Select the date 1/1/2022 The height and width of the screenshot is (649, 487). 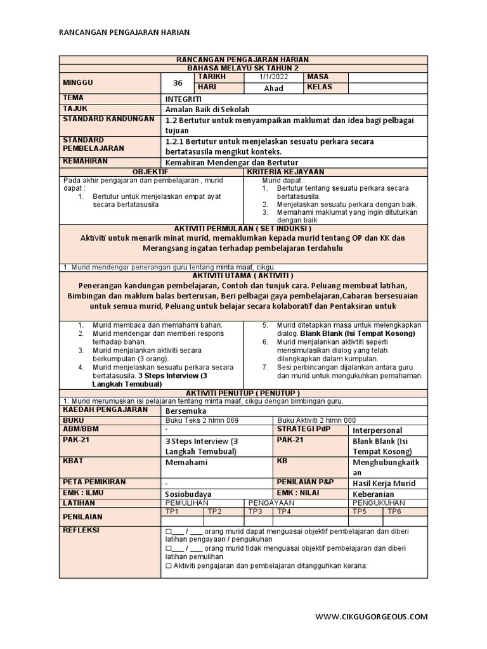point(273,77)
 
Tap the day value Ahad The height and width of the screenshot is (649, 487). point(273,88)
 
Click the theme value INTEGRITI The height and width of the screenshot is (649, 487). point(184,99)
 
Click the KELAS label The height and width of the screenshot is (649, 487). point(319,87)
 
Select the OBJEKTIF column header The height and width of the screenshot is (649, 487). point(150,172)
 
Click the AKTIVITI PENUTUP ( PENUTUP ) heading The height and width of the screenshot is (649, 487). point(243,393)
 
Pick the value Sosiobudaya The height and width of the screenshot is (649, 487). point(188,494)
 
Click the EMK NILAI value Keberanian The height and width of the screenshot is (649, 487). point(373,494)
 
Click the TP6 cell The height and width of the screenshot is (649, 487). point(394,511)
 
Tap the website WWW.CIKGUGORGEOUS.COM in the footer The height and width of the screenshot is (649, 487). point(371,616)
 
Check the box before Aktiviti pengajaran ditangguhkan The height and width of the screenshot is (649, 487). point(168,566)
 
